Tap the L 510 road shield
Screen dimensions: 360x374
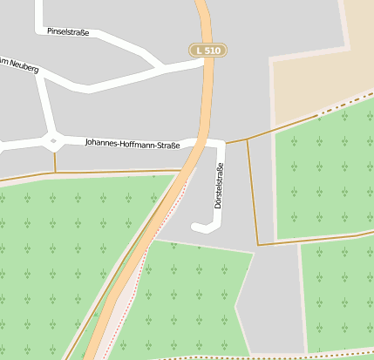tap(208, 51)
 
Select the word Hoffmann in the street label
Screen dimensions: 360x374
tap(143, 144)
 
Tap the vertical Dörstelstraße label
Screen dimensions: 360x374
tap(218, 189)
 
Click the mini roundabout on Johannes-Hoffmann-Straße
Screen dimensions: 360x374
tap(54, 140)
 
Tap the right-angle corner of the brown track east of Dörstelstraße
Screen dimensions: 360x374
tap(258, 244)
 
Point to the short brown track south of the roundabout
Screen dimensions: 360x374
tap(54, 161)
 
